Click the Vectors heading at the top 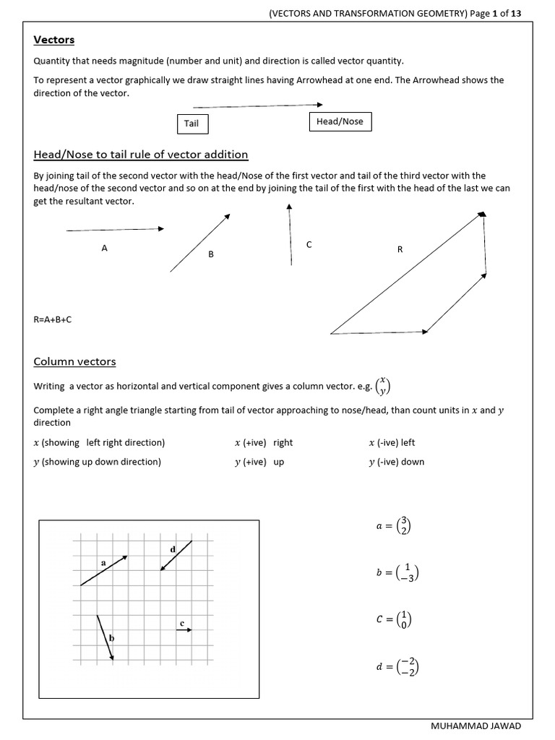(x=54, y=40)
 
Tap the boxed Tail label (x=192, y=124)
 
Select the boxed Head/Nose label (x=340, y=121)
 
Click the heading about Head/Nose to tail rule (x=141, y=155)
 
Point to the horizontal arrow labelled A (x=115, y=230)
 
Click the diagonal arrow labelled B (x=200, y=243)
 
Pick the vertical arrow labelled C (x=290, y=234)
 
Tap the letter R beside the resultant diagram (x=400, y=249)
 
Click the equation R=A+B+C (x=53, y=319)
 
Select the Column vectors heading (x=74, y=361)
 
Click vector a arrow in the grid (x=104, y=570)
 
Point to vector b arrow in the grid (x=106, y=637)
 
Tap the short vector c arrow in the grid (x=184, y=630)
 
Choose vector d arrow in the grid (x=176, y=555)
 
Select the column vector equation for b (x=397, y=573)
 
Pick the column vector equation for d (x=397, y=668)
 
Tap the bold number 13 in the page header (x=515, y=12)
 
